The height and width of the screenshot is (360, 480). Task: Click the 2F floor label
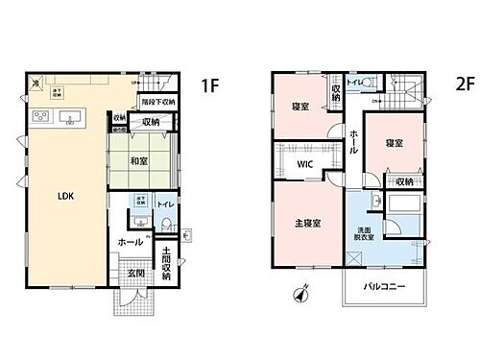465,84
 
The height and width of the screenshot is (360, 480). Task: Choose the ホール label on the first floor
130,243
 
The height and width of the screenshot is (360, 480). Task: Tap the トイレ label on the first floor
164,205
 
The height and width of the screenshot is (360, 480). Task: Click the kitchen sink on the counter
70,117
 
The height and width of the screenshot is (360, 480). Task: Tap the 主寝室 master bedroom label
307,223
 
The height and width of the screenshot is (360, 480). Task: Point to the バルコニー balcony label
383,287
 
